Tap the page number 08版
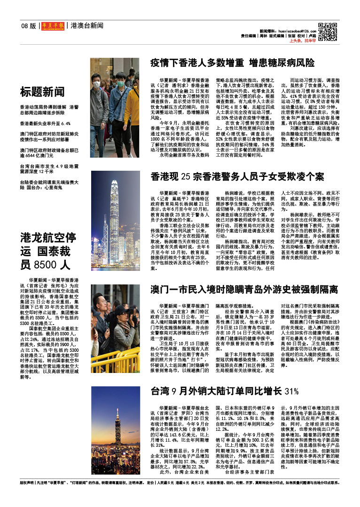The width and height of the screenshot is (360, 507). click(x=28, y=25)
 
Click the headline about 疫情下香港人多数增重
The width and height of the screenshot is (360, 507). click(x=232, y=63)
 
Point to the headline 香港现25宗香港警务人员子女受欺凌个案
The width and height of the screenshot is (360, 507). click(x=237, y=177)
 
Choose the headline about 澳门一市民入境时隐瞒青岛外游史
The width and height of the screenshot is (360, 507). click(x=244, y=289)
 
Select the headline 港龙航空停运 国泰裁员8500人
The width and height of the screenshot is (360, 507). click(x=48, y=251)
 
